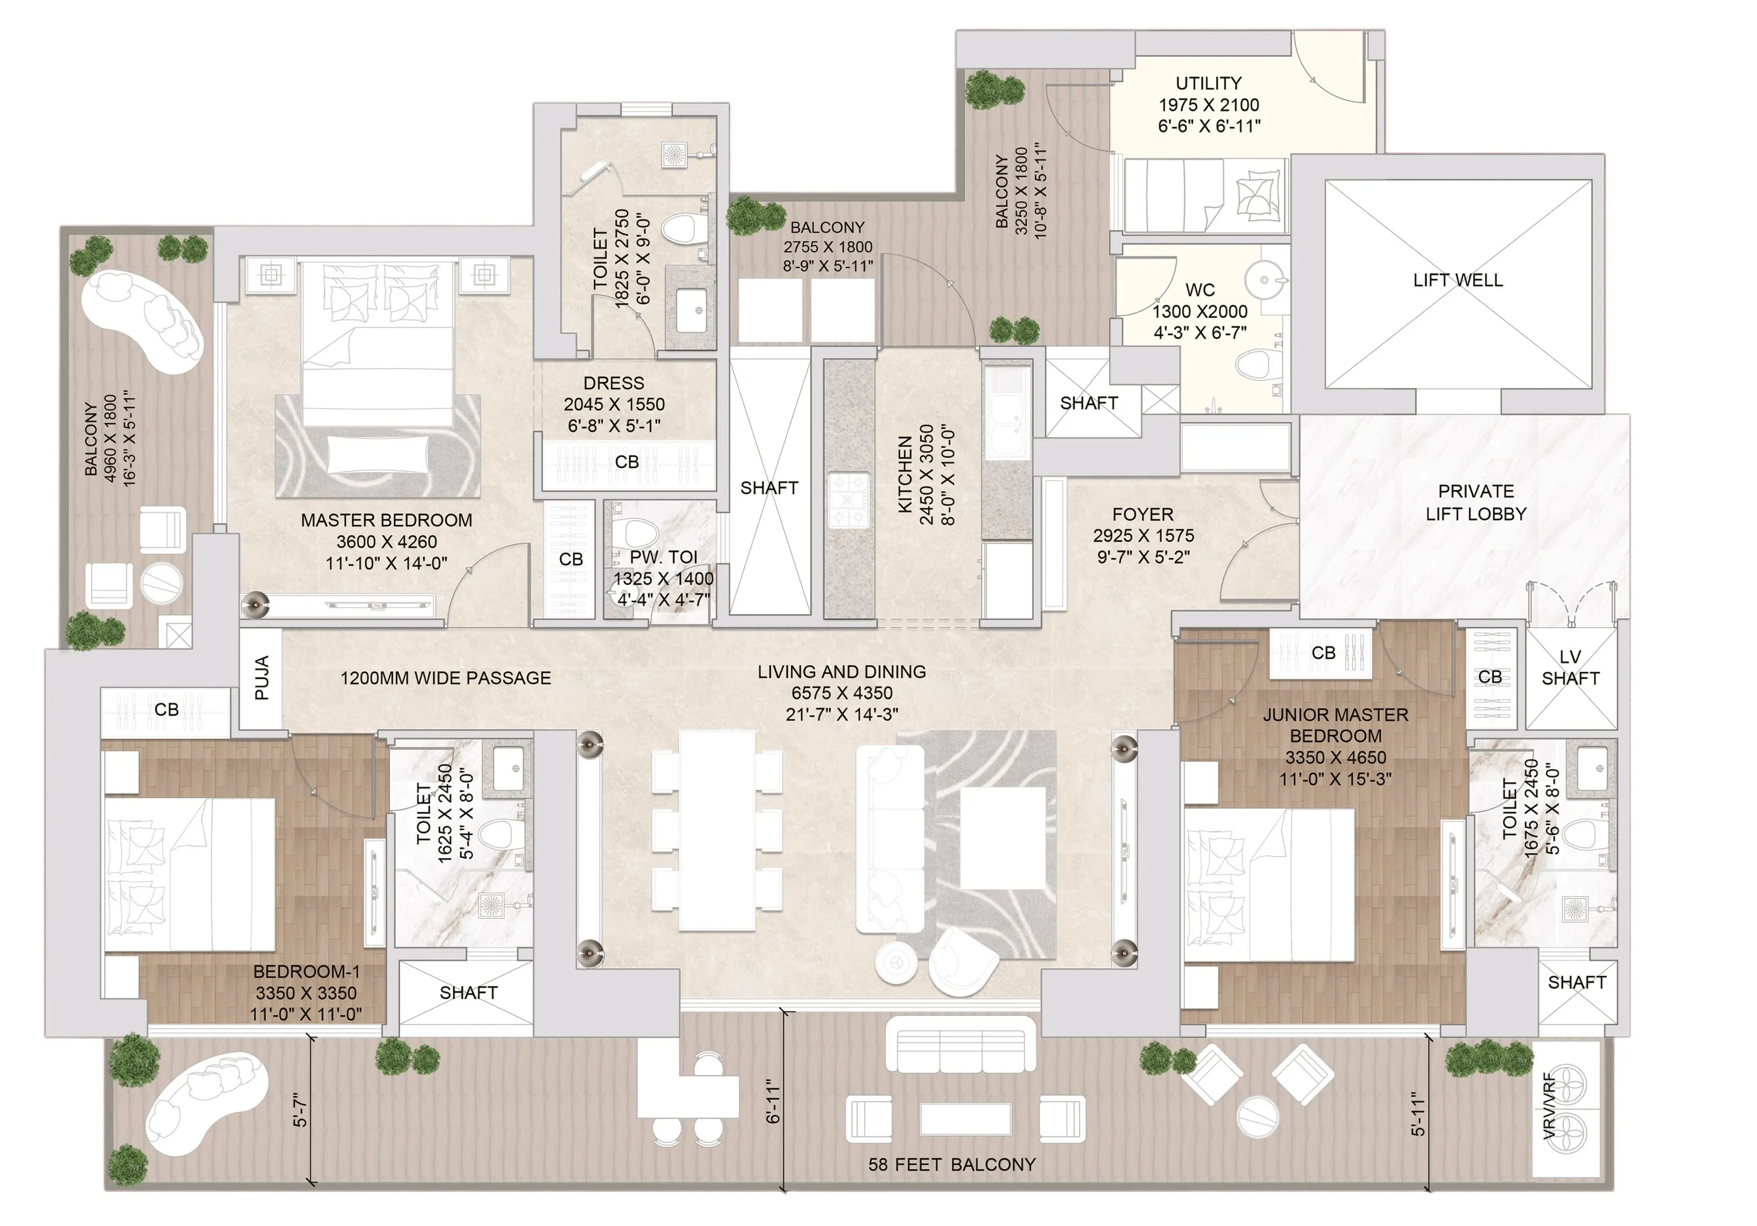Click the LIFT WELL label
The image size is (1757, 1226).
pyautogui.click(x=1457, y=280)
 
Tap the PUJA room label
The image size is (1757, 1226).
pyautogui.click(x=262, y=678)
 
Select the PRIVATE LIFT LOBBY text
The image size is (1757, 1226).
pyautogui.click(x=1475, y=503)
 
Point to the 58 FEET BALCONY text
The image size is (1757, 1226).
pyautogui.click(x=951, y=1165)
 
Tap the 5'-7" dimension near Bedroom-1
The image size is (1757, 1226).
pyautogui.click(x=301, y=1110)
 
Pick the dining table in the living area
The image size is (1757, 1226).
pyautogui.click(x=716, y=831)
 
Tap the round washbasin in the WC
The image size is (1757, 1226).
pyautogui.click(x=1264, y=280)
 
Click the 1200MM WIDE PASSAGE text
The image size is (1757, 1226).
pyautogui.click(x=445, y=678)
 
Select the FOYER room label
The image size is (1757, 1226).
pyautogui.click(x=1143, y=514)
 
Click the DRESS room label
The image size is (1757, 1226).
pyautogui.click(x=614, y=383)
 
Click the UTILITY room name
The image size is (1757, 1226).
pyautogui.click(x=1208, y=82)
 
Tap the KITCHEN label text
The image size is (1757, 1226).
pyautogui.click(x=905, y=475)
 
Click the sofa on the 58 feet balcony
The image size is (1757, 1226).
pyautogui.click(x=960, y=1044)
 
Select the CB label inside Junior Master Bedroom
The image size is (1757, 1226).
pyautogui.click(x=1323, y=653)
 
